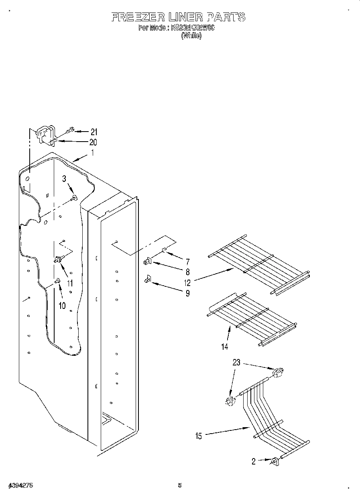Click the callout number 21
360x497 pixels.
(94, 132)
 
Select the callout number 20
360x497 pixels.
(93, 142)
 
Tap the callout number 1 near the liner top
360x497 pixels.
(92, 152)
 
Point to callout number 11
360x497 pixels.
(70, 283)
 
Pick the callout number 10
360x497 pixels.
(62, 306)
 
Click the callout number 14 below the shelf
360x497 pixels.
(225, 346)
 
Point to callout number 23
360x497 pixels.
(236, 363)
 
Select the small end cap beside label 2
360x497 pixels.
(275, 462)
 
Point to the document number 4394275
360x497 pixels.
(20, 485)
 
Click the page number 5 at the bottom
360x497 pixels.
(180, 485)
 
